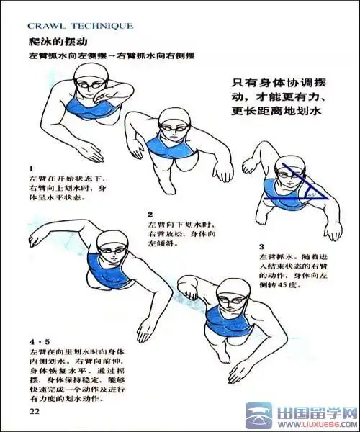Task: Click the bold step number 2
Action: coord(150,214)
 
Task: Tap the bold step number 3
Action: coord(262,246)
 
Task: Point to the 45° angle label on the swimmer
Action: coord(312,193)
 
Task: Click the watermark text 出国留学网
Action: coord(316,413)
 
